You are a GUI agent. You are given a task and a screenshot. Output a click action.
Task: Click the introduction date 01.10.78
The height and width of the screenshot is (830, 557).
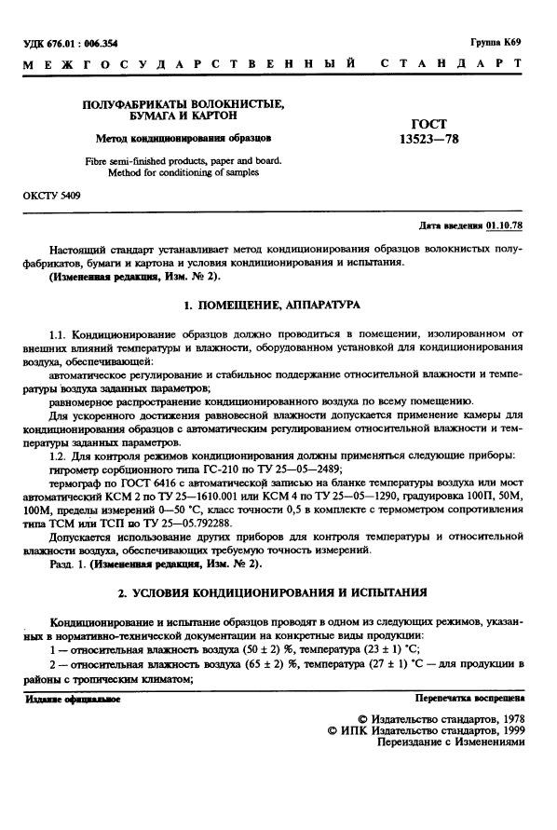coord(505,226)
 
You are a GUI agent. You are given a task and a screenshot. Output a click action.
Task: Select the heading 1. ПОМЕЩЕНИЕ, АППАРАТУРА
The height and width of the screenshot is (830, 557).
coord(279,305)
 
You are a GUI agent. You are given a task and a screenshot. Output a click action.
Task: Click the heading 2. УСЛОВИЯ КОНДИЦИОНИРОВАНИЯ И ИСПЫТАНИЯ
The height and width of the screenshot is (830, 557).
coord(279,592)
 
